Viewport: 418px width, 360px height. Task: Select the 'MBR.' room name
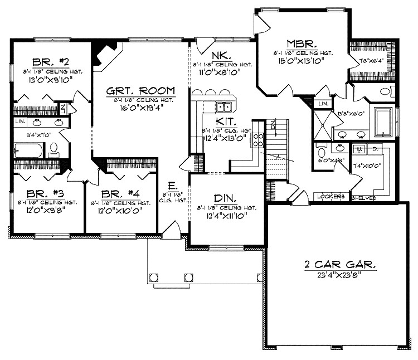303,43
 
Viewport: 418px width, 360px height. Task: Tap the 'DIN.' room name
226,198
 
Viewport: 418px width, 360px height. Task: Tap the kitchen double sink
225,107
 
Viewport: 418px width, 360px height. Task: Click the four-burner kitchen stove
258,139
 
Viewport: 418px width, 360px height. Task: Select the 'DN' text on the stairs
273,125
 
